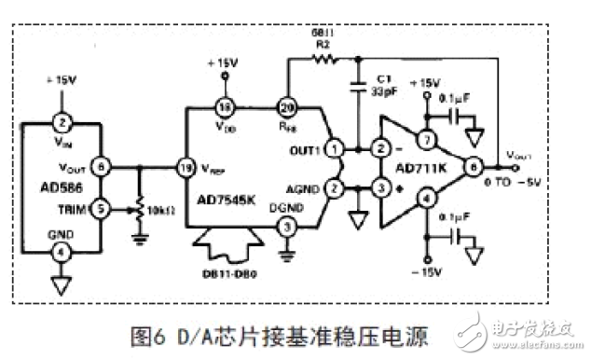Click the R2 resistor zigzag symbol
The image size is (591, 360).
click(321, 61)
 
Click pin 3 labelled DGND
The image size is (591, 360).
click(288, 227)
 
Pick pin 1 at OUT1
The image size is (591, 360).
click(337, 148)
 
